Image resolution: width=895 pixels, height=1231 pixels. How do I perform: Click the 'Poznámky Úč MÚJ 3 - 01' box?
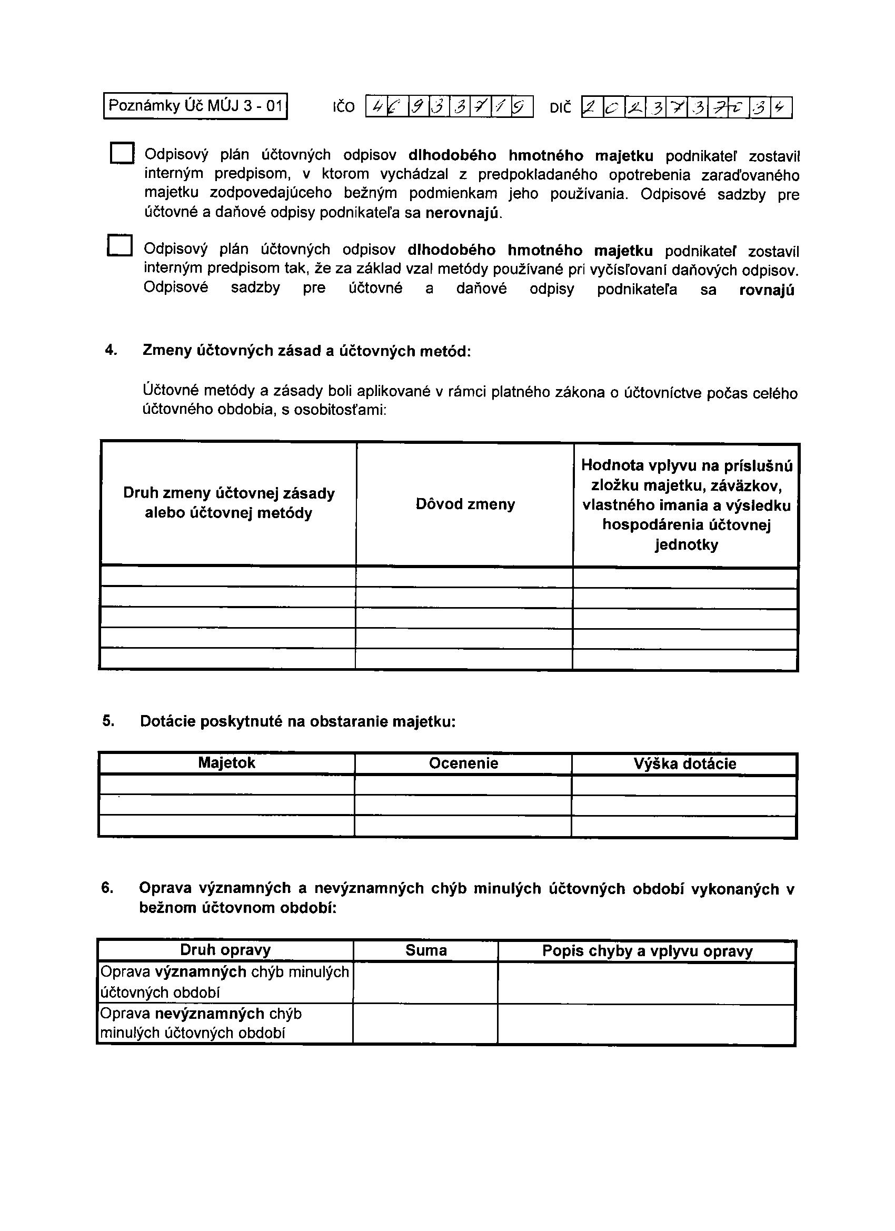click(x=195, y=106)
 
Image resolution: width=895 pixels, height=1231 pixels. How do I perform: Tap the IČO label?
click(x=344, y=107)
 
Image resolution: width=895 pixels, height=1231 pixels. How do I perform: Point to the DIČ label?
click(x=561, y=108)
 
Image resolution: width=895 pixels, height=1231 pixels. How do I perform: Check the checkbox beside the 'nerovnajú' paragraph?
click(x=122, y=153)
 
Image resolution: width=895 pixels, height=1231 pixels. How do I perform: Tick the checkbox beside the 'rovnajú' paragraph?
click(x=120, y=245)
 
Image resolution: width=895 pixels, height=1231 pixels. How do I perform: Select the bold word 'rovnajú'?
click(x=767, y=291)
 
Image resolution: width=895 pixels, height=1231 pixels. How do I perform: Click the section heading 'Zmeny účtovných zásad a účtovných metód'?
click(x=306, y=351)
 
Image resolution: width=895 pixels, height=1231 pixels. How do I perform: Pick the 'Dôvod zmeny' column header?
click(x=465, y=504)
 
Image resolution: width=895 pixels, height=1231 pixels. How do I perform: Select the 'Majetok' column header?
click(x=226, y=762)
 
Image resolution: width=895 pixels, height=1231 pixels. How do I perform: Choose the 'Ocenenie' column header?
click(x=463, y=763)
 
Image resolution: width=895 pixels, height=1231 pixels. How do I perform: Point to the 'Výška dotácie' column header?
click(x=685, y=763)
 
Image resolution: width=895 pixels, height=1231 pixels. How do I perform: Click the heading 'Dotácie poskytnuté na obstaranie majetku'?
click(x=297, y=721)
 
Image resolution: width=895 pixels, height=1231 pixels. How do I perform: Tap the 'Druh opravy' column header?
click(x=225, y=950)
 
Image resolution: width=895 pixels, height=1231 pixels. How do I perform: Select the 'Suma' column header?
click(x=426, y=950)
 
